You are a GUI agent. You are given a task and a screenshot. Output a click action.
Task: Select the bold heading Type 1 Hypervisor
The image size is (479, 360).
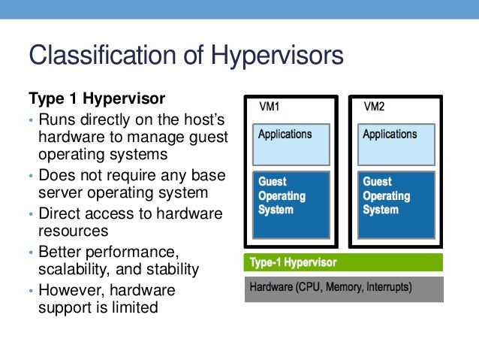[96, 98]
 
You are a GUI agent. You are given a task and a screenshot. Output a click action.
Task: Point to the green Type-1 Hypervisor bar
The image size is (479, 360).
[343, 262]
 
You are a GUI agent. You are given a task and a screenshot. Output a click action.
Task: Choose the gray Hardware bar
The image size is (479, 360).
[343, 289]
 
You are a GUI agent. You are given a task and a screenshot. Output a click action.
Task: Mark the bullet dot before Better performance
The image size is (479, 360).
[31, 252]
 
